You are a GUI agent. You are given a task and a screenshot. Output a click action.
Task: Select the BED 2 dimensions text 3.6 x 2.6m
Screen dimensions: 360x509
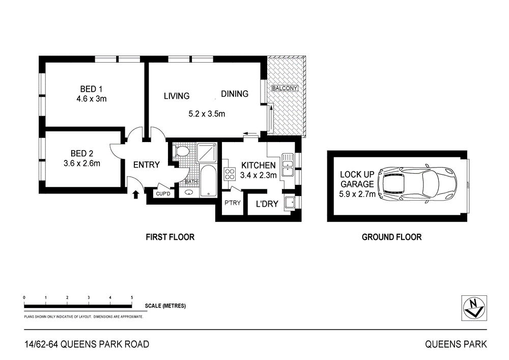tap(82, 163)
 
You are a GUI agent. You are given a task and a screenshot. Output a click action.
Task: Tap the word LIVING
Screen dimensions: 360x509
tap(177, 96)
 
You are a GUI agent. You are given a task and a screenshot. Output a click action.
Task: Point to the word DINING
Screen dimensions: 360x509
tap(235, 94)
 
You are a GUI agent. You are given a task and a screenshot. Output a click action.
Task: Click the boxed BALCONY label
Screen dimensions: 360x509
tap(285, 88)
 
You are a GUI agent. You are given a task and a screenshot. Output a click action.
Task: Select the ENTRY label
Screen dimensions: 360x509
tap(147, 165)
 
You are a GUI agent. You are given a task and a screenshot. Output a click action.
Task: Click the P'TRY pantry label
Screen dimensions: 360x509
tap(232, 203)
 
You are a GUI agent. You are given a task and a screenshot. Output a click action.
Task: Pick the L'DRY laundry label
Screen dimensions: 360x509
tap(267, 204)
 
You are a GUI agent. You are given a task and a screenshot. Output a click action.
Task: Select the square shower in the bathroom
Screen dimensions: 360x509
tap(207, 153)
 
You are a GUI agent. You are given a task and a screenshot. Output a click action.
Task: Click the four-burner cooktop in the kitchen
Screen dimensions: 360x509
tap(228, 174)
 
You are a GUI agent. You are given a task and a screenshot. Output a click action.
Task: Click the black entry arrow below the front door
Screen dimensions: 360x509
tap(136, 194)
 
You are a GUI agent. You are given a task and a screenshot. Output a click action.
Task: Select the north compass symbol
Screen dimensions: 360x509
tap(474, 308)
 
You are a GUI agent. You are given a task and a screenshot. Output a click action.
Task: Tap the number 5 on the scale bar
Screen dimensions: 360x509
tap(132, 297)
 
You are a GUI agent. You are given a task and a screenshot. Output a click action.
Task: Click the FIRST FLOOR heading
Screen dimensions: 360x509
tap(170, 237)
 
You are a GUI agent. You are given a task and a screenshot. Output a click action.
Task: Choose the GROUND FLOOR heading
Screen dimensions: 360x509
tap(391, 237)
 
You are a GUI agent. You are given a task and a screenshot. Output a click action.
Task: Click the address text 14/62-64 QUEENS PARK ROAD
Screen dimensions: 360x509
tap(87, 344)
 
